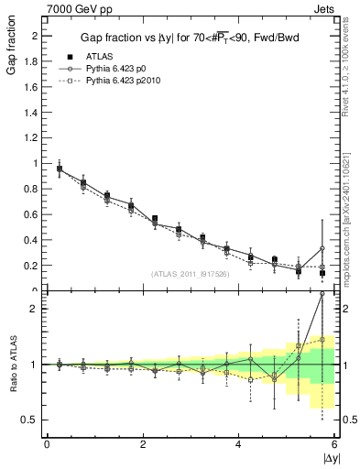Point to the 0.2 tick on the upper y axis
35,266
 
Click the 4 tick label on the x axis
239,444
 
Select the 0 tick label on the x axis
47,444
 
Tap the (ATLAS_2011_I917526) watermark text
190,274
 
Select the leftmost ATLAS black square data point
60,169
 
